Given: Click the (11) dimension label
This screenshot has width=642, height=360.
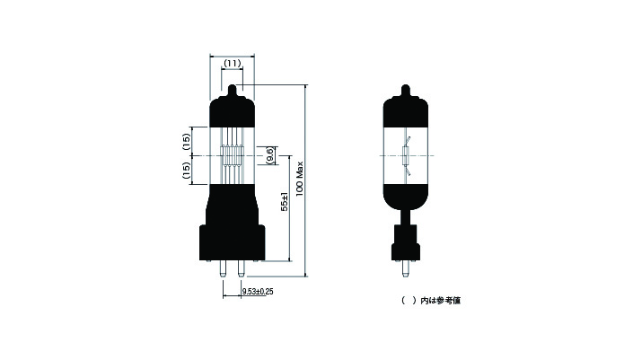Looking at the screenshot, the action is tap(233, 64).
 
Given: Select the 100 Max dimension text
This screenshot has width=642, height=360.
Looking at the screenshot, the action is tap(300, 179).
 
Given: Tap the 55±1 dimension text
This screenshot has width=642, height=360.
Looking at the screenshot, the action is tap(285, 202).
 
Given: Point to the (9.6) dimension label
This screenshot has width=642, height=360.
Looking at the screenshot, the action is tap(269, 155).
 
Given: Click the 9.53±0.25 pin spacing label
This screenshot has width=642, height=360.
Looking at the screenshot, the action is tap(258, 292).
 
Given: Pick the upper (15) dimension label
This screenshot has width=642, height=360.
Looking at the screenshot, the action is tap(186, 142).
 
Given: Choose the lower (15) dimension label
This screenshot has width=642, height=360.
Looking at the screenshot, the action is tap(186, 171).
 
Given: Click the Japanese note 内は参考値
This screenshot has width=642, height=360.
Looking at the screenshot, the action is tap(441, 301).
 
